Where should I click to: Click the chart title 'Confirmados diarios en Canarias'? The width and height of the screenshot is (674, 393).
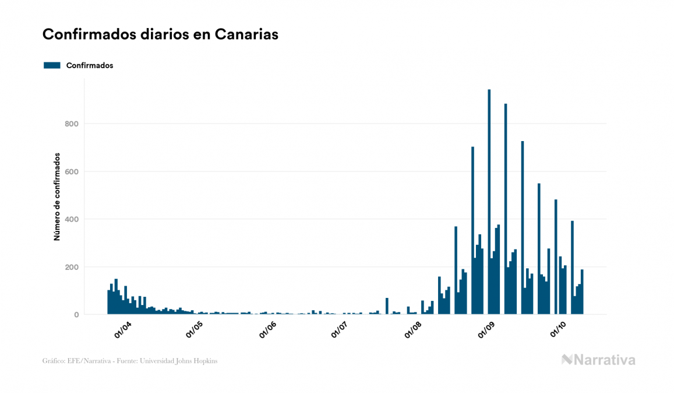tap(160, 35)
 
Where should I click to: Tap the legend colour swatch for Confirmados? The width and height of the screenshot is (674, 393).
tap(52, 65)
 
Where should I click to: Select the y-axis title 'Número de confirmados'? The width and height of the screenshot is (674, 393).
tap(57, 196)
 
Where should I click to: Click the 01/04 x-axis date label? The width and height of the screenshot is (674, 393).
tap(123, 330)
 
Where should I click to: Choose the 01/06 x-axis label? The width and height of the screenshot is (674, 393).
tap(269, 330)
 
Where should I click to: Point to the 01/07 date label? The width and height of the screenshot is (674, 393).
tap(340, 330)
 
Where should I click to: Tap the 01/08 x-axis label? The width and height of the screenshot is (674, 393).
tap(414, 330)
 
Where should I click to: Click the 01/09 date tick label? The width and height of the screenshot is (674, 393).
tap(487, 330)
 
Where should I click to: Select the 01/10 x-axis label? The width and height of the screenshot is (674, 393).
tap(559, 330)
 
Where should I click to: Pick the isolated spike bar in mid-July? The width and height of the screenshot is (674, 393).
tap(387, 306)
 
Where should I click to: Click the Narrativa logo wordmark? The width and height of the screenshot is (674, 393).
tap(604, 360)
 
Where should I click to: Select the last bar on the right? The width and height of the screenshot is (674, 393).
tap(582, 292)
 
